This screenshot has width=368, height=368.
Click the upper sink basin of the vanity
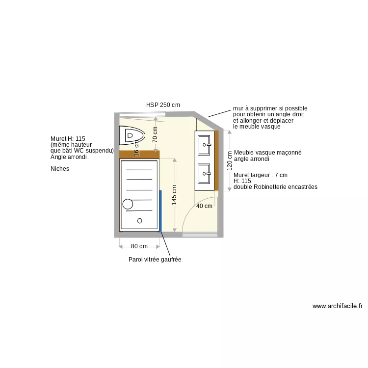pos(205,144)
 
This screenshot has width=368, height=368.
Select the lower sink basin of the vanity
pos(205,173)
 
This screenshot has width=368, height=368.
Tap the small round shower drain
pos(139,221)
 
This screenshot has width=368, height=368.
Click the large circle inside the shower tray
pos(128,204)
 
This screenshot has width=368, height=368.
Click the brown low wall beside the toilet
pos(139,154)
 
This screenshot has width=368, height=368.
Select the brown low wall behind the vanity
pos(216,160)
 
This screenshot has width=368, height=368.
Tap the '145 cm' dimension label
pos(174,194)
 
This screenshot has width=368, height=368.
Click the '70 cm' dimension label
pos(155,134)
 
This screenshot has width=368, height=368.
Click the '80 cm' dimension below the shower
pos(139,246)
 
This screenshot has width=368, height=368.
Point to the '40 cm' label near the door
pos(204,206)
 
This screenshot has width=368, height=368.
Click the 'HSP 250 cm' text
pos(163,105)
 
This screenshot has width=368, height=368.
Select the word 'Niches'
pos(60,169)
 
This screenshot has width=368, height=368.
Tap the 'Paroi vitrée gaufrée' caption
pos(155,260)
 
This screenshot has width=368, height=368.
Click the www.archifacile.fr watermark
pos(338,306)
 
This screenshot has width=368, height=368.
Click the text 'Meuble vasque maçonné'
pos(267,153)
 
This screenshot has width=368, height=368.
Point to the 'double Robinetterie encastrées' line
pos(275,187)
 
